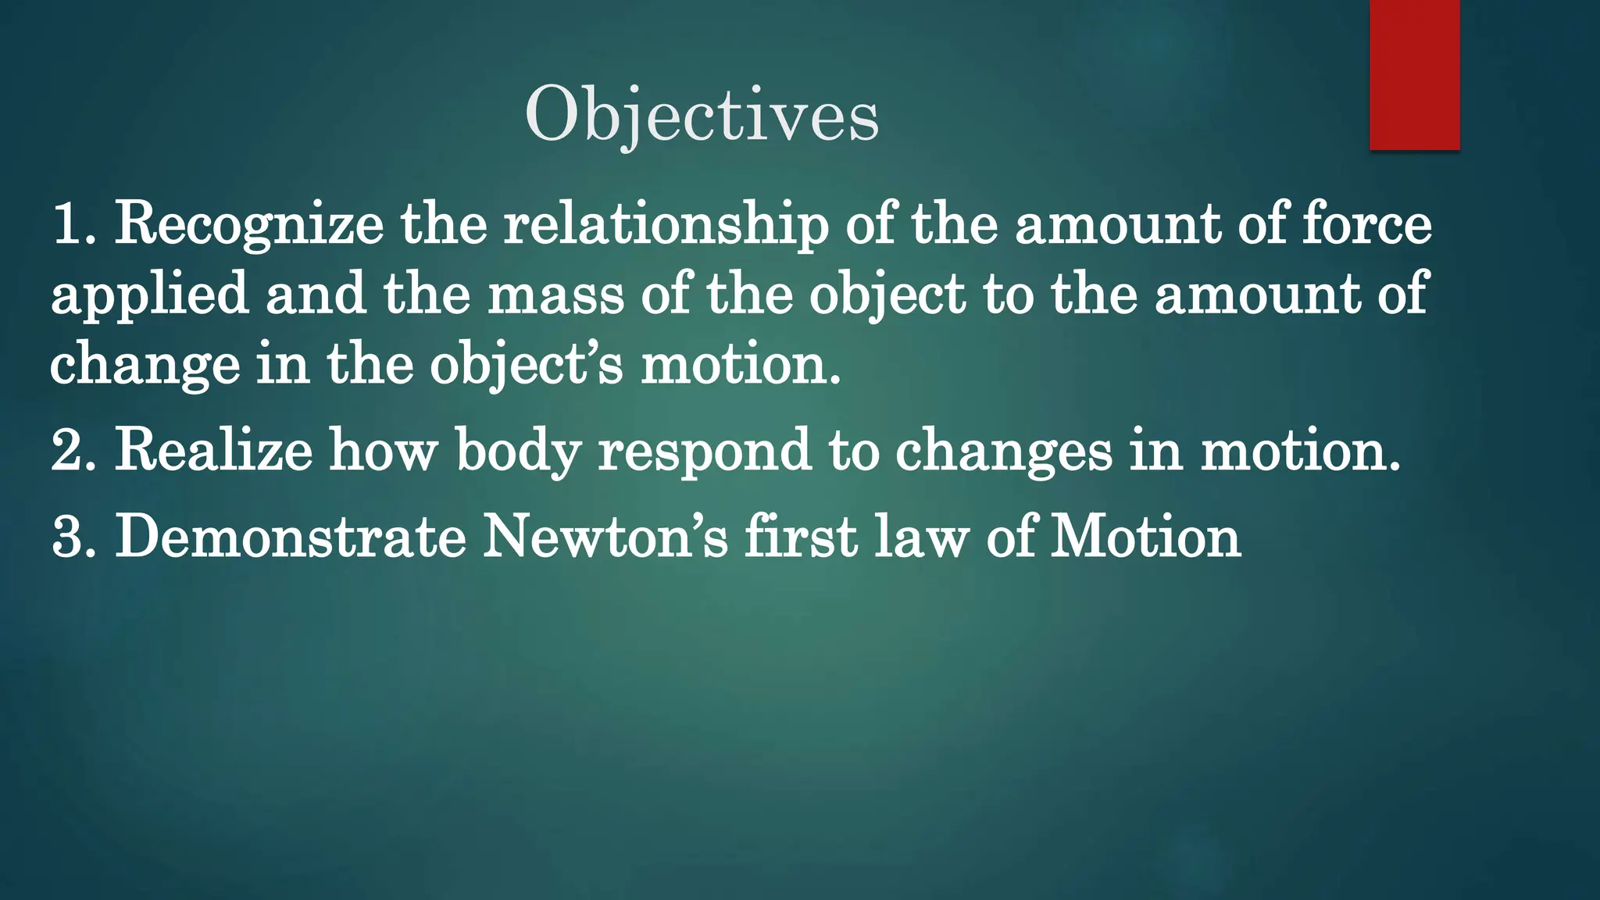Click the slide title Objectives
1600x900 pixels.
[x=702, y=116]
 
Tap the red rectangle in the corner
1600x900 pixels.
[x=1414, y=75]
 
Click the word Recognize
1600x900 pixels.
[x=249, y=225]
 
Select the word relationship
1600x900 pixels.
[x=666, y=225]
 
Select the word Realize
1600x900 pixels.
[x=213, y=451]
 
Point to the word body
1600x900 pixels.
[x=519, y=451]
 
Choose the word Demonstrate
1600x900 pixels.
[x=291, y=537]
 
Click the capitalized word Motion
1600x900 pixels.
[x=1145, y=537]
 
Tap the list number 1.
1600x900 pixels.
[x=72, y=225]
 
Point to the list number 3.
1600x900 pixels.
[x=72, y=537]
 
